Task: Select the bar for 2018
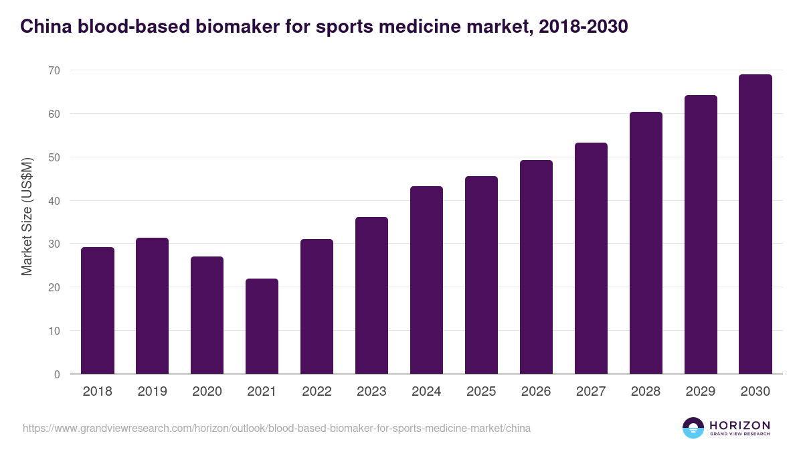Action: coord(98,311)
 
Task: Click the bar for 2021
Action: coord(262,326)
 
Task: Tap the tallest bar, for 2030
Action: coord(755,224)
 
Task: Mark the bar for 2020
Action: coord(207,315)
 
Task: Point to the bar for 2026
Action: coord(536,267)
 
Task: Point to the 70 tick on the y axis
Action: coord(54,70)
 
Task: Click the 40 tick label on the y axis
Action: coord(54,201)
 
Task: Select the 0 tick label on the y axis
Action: coord(57,374)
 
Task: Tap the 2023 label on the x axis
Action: coord(371,392)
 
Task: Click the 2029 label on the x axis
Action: coord(701,392)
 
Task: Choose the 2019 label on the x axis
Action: coord(152,392)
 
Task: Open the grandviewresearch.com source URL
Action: coord(276,428)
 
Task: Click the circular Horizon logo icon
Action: coord(693,428)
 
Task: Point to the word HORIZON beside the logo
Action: coord(739,425)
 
